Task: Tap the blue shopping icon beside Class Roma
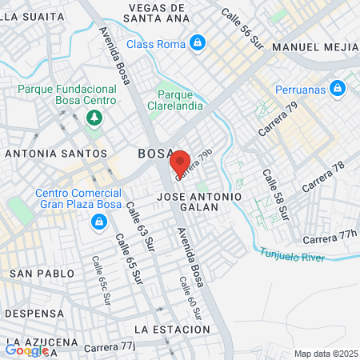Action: coord(198,42)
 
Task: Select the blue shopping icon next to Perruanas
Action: coord(338,87)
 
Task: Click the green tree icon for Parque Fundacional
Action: coord(94,118)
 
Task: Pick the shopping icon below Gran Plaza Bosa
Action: coord(99,222)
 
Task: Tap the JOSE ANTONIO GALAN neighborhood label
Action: coord(199,202)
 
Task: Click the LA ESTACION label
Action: coord(172,330)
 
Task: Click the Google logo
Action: coord(26,350)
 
